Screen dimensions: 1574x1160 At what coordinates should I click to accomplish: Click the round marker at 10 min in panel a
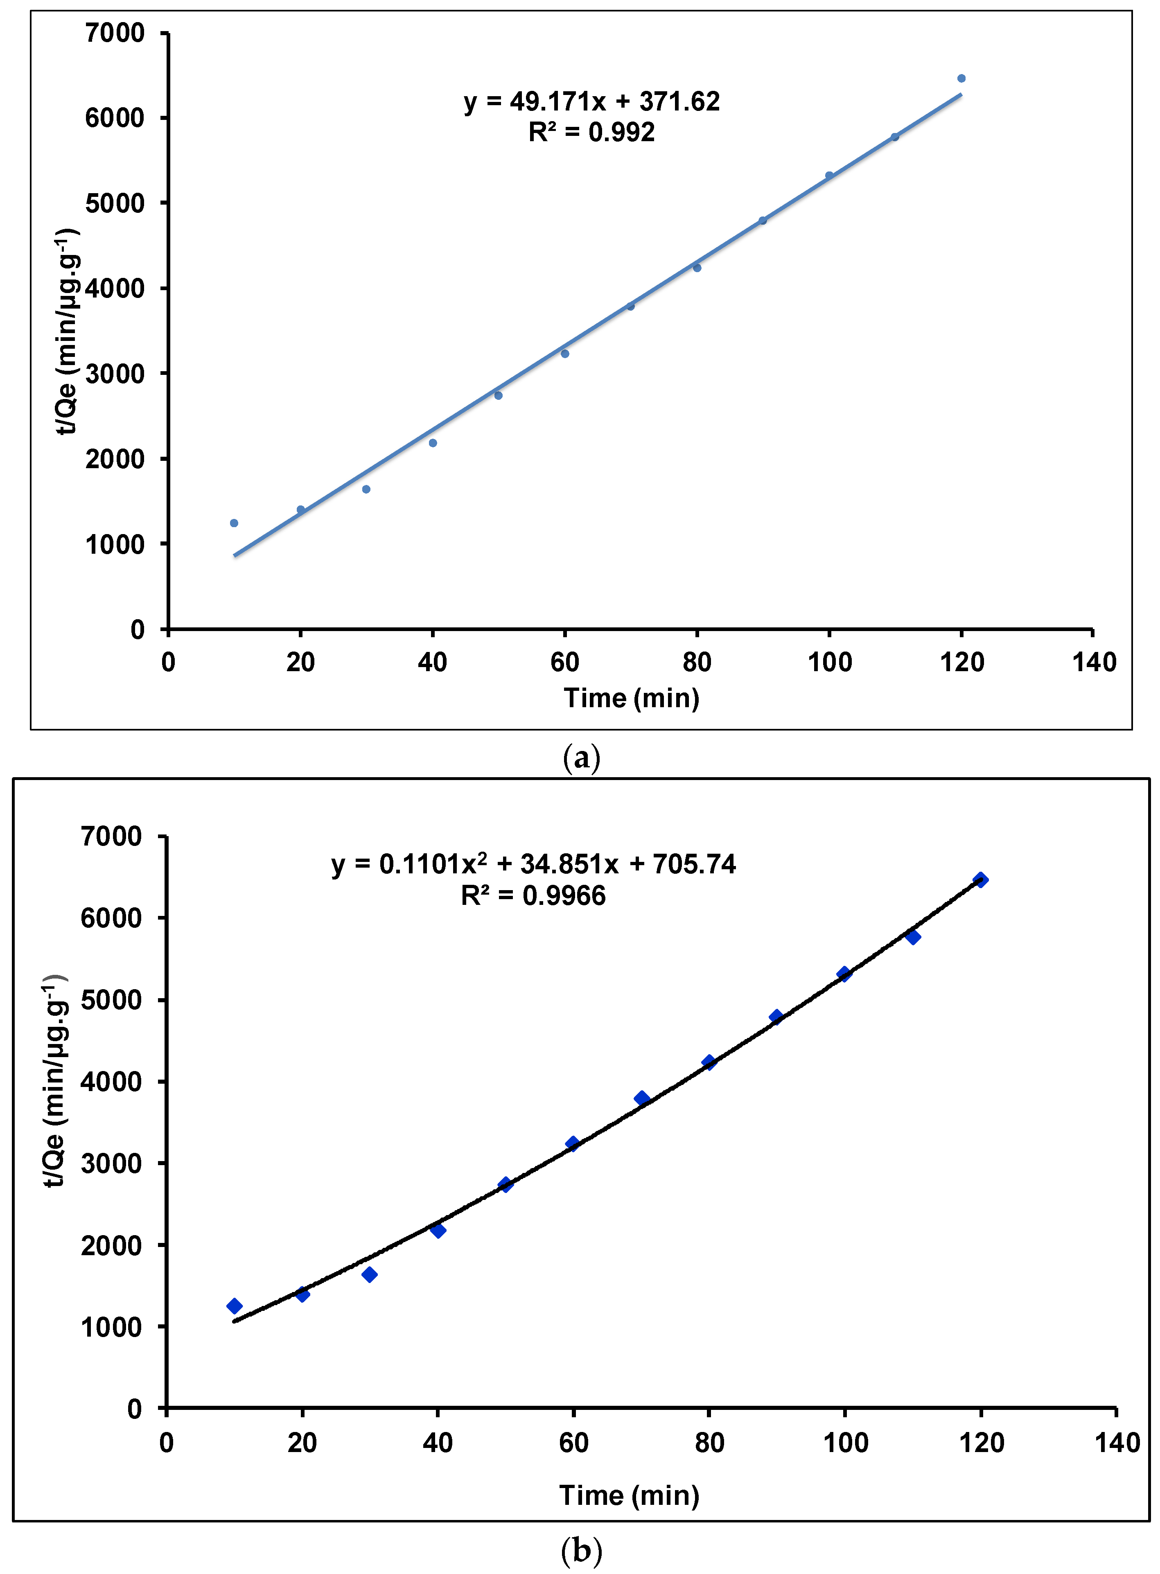[234, 523]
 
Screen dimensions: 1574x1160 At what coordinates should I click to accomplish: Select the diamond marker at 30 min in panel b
[369, 1274]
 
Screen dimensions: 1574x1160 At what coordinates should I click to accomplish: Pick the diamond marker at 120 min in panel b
[981, 879]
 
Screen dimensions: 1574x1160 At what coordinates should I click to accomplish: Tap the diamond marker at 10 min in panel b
[235, 1306]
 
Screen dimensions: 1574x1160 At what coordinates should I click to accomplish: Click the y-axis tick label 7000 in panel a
[115, 33]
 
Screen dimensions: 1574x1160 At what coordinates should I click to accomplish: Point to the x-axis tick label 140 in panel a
[1093, 662]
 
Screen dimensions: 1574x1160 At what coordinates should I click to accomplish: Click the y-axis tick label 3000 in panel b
[111, 1163]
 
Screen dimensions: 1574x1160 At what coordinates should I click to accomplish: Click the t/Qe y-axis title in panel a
[68, 330]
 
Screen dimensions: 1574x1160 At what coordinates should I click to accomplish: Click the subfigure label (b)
[581, 1549]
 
